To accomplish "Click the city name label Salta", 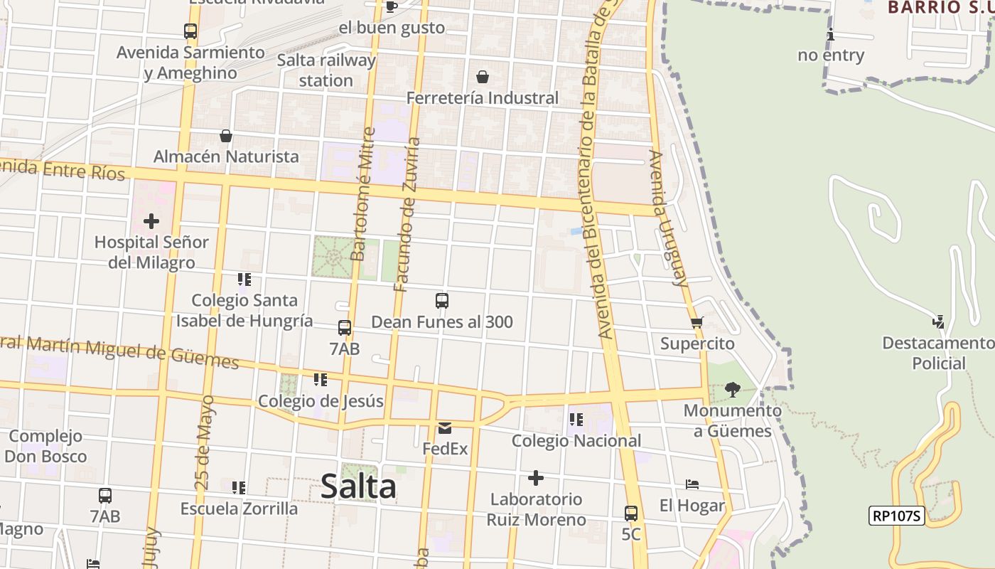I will click(358, 487).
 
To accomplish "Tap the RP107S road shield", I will click(896, 516).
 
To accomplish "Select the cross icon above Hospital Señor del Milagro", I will click(151, 221).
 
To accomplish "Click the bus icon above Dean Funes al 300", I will click(442, 301).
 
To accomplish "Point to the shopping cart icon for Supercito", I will click(697, 323).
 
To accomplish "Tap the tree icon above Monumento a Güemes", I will click(733, 390).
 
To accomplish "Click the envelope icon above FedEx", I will click(445, 428).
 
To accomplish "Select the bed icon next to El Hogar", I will click(692, 484).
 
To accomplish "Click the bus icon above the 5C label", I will click(631, 513).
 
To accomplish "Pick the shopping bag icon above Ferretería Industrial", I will click(483, 77).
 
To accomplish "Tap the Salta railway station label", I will click(326, 70).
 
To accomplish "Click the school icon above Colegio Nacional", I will click(576, 420).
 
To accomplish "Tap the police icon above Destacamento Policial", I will click(939, 321).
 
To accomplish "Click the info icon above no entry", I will click(830, 34).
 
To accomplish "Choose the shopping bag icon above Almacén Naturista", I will click(226, 135).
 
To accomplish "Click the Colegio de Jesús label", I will click(321, 401).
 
